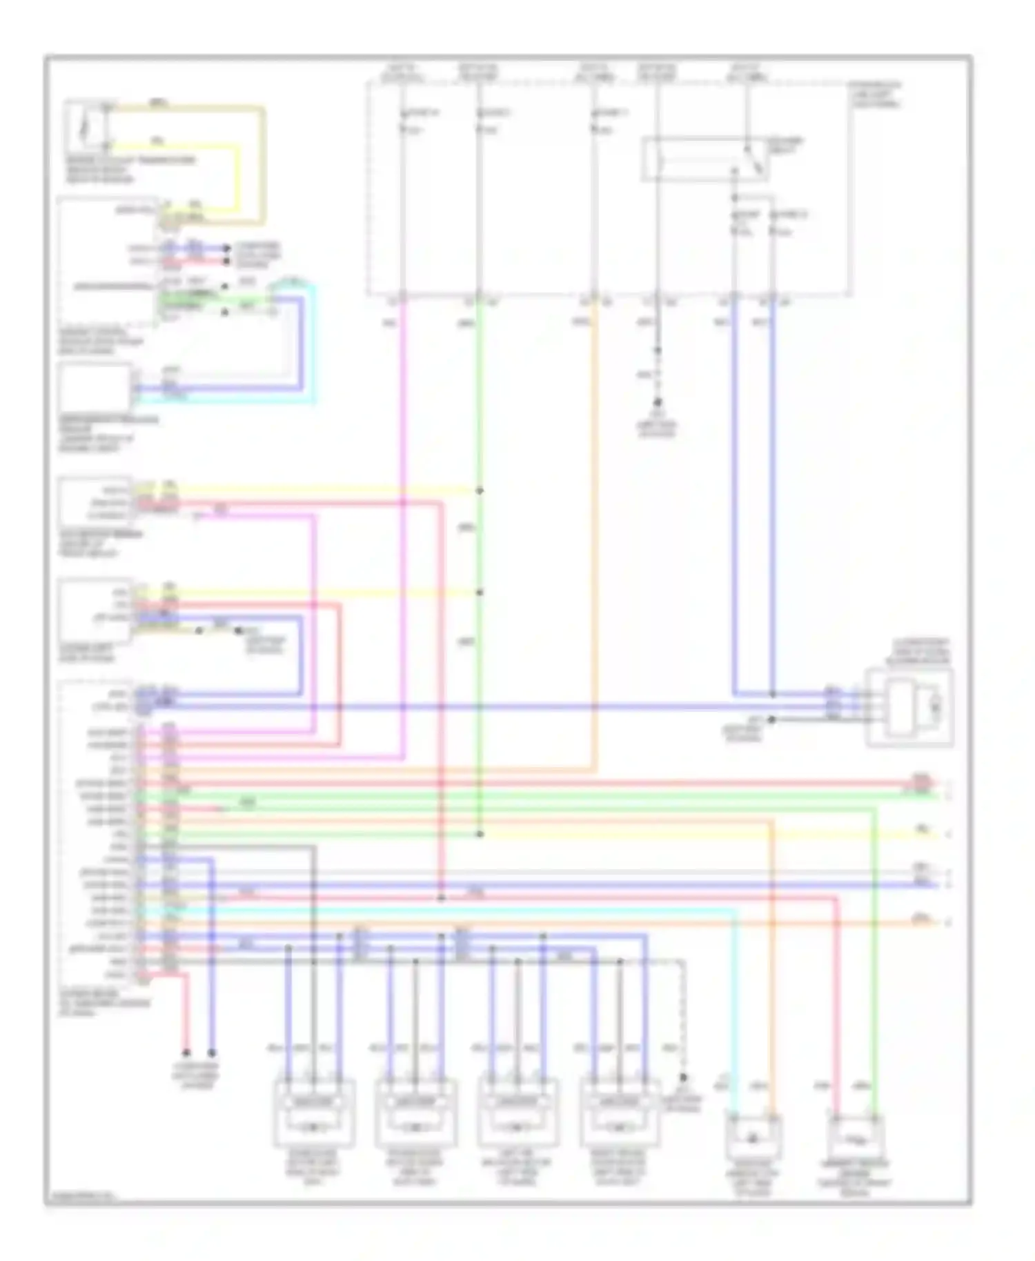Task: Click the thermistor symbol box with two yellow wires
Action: [86, 128]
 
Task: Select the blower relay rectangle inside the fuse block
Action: [704, 159]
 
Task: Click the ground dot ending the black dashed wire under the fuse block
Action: [658, 402]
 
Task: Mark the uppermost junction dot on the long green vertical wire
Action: [480, 490]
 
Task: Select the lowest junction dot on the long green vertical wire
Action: [480, 834]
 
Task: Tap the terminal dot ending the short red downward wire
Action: [186, 1053]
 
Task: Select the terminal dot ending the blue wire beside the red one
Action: [212, 1053]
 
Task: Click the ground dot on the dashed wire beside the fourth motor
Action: [684, 1078]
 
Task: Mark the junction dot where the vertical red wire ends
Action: [441, 898]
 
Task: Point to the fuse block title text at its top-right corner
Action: [875, 95]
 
